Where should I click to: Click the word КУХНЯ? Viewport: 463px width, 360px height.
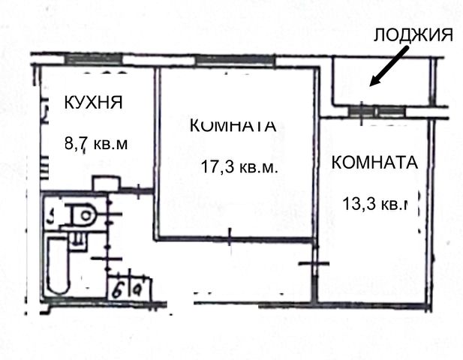coord(92,103)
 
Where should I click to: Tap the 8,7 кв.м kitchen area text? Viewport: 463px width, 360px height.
coord(97,143)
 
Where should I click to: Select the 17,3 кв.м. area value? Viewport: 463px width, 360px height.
coord(239,167)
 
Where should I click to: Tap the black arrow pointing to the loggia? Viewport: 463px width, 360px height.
coord(388,65)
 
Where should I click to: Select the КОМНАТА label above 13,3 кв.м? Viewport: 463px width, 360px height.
coord(374,162)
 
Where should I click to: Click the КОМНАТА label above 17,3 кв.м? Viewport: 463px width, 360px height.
coord(233,126)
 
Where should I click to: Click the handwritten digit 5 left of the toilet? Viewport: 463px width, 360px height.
coord(50,217)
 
